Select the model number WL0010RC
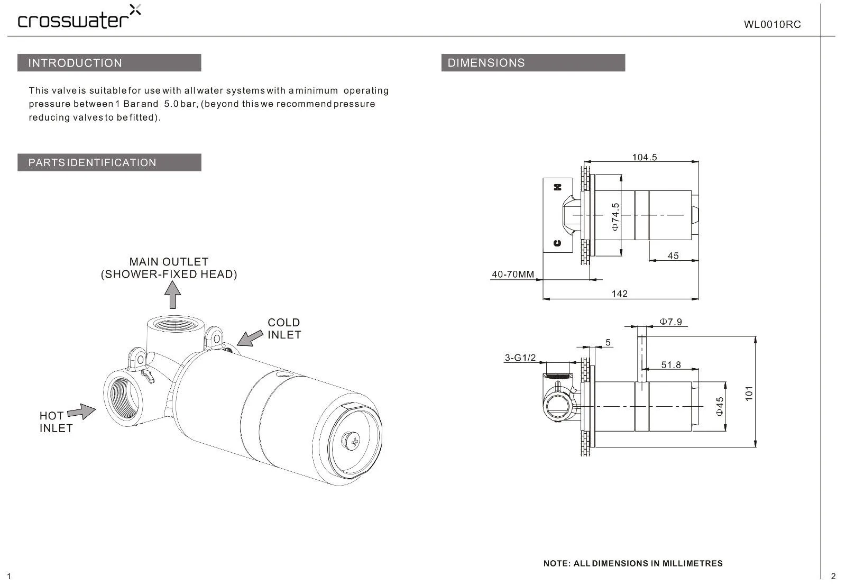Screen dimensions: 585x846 (x=772, y=24)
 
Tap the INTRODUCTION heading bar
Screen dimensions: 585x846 (x=109, y=63)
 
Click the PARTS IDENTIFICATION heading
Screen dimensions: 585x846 (x=109, y=162)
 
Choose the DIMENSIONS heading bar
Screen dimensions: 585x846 (x=533, y=63)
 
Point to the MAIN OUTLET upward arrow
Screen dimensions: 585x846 (x=172, y=295)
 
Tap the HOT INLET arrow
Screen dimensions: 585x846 (x=81, y=412)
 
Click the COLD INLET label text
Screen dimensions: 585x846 (x=284, y=328)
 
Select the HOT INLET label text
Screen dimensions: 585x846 (x=56, y=422)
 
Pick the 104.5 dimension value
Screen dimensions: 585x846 (x=645, y=157)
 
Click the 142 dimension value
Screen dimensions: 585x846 (x=619, y=294)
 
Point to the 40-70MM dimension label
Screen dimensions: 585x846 (x=513, y=275)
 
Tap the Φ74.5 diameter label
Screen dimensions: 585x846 (x=615, y=216)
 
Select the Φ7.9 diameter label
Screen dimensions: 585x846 (x=670, y=322)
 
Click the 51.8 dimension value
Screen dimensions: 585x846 (x=671, y=365)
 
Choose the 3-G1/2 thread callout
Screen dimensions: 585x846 (x=520, y=358)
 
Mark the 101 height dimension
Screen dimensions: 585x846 (x=749, y=393)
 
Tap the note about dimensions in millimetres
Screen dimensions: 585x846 (x=633, y=563)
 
